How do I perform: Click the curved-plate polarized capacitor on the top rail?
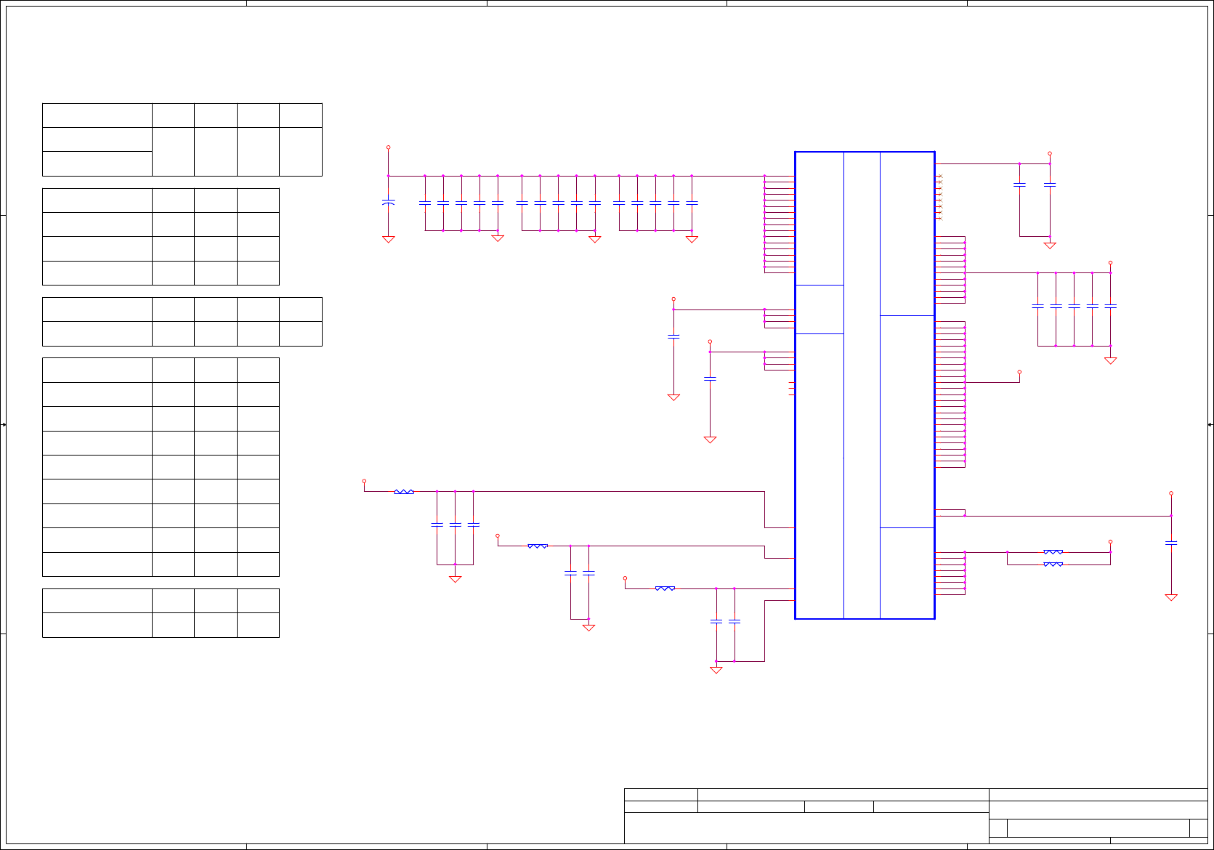point(389,202)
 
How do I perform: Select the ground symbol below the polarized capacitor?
point(389,239)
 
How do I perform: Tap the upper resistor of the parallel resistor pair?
point(1053,552)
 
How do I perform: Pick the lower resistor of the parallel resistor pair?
point(1053,564)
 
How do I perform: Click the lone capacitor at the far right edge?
point(1170,543)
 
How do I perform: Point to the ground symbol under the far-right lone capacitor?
point(1170,597)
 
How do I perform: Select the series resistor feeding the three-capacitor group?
point(404,492)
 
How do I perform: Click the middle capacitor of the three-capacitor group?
point(455,524)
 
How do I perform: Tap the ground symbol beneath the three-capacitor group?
point(455,579)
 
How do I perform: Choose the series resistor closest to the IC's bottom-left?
point(665,588)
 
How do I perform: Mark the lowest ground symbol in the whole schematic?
point(716,670)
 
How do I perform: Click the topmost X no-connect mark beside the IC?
point(939,177)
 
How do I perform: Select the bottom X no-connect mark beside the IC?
point(939,218)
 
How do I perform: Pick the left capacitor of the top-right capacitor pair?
point(1019,185)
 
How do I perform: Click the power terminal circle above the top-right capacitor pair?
point(1049,154)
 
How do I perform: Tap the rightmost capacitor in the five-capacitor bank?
point(1110,306)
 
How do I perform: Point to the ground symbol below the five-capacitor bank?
point(1110,360)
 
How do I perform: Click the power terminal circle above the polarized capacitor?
point(388,147)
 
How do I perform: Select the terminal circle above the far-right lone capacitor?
point(1170,493)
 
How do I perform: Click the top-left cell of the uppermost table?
point(97,116)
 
